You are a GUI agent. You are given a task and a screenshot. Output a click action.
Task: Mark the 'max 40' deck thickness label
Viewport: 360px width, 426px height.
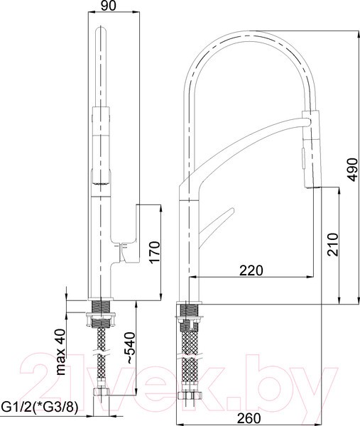tap(62, 352)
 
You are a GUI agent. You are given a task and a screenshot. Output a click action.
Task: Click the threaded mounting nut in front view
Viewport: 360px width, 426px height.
tap(102, 310)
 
